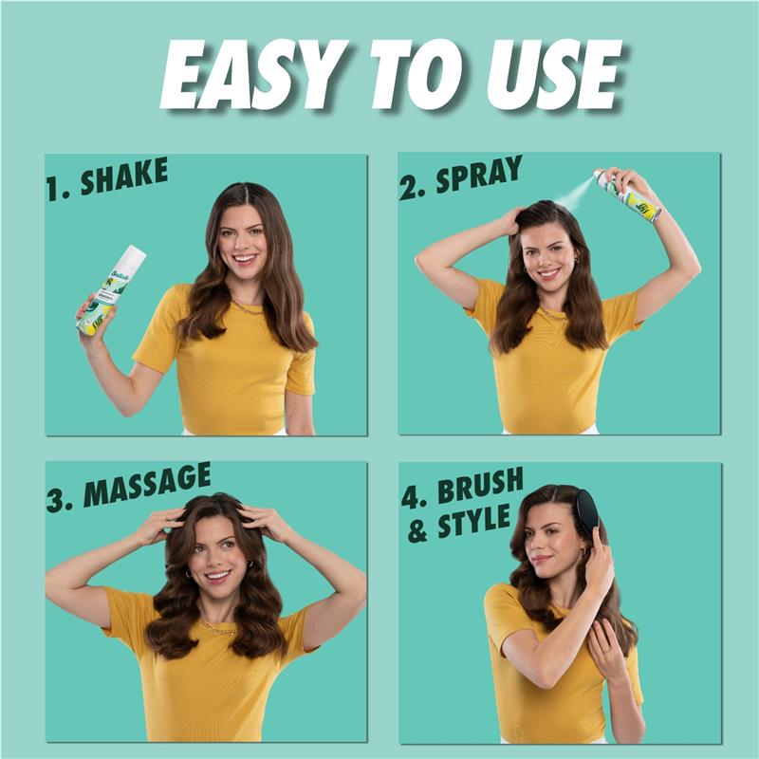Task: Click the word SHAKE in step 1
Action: pos(124,176)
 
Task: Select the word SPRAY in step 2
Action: pos(479,176)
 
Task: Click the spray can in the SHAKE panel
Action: pos(111,290)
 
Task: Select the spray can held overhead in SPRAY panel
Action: pos(627,195)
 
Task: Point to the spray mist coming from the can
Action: pos(574,195)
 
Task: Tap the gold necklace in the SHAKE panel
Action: pos(249,308)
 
